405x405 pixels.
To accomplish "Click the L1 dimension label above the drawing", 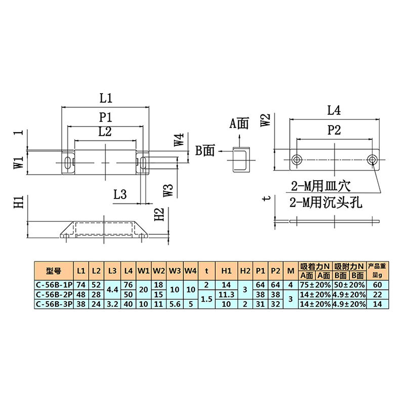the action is [106, 98].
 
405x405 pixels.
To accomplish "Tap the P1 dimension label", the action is [106, 117].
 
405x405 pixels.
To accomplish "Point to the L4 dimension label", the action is [334, 110].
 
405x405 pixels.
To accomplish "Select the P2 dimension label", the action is [334, 130].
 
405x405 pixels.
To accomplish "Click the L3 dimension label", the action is [120, 194].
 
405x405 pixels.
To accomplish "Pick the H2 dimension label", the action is [159, 214].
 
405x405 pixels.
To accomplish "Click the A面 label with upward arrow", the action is [239, 124].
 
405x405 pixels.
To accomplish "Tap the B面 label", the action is [205, 150].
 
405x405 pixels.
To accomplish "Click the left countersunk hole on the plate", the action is [297, 160].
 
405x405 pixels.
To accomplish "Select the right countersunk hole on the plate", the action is [372, 160].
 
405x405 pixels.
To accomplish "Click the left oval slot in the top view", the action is [67, 163].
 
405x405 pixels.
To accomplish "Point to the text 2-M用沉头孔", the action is [326, 202].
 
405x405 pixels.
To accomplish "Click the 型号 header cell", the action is [54, 271].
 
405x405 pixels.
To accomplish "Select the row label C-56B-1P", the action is [54, 285].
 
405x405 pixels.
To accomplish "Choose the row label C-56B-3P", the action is [54, 304].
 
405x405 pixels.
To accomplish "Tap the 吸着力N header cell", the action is [315, 266].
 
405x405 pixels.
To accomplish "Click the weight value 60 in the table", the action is [377, 285].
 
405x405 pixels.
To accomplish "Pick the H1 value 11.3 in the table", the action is [226, 295].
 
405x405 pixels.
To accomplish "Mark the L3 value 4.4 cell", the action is [112, 290].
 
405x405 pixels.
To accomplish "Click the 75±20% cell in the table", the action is [315, 285].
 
